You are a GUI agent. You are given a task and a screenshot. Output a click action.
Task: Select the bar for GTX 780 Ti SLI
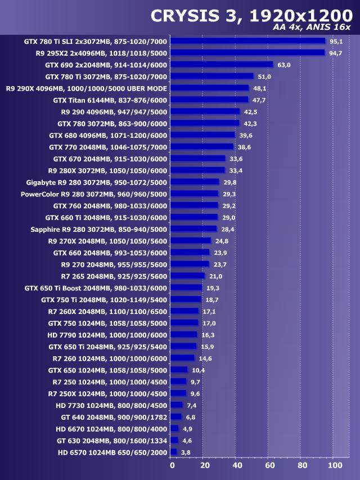247,41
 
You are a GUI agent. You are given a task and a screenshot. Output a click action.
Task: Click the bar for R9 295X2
247,53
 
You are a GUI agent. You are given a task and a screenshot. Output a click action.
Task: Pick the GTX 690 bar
222,65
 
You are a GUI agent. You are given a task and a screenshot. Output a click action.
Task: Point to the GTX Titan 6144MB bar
209,100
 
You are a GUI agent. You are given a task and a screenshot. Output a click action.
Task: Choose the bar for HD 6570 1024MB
174,452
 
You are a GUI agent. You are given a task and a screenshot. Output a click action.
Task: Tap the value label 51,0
264,77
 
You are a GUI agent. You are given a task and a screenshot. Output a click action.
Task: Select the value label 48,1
260,88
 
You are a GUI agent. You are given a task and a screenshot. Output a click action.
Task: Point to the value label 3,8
186,452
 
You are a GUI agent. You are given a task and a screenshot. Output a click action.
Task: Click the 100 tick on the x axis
335,466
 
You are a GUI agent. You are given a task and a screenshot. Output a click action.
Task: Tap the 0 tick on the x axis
172,466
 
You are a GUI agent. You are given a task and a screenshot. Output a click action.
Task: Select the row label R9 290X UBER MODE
87,88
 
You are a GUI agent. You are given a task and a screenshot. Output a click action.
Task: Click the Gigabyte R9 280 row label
97,182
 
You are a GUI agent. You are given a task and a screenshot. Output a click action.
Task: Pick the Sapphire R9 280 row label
99,229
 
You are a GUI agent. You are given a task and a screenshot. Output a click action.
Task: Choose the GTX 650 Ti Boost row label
96,288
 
